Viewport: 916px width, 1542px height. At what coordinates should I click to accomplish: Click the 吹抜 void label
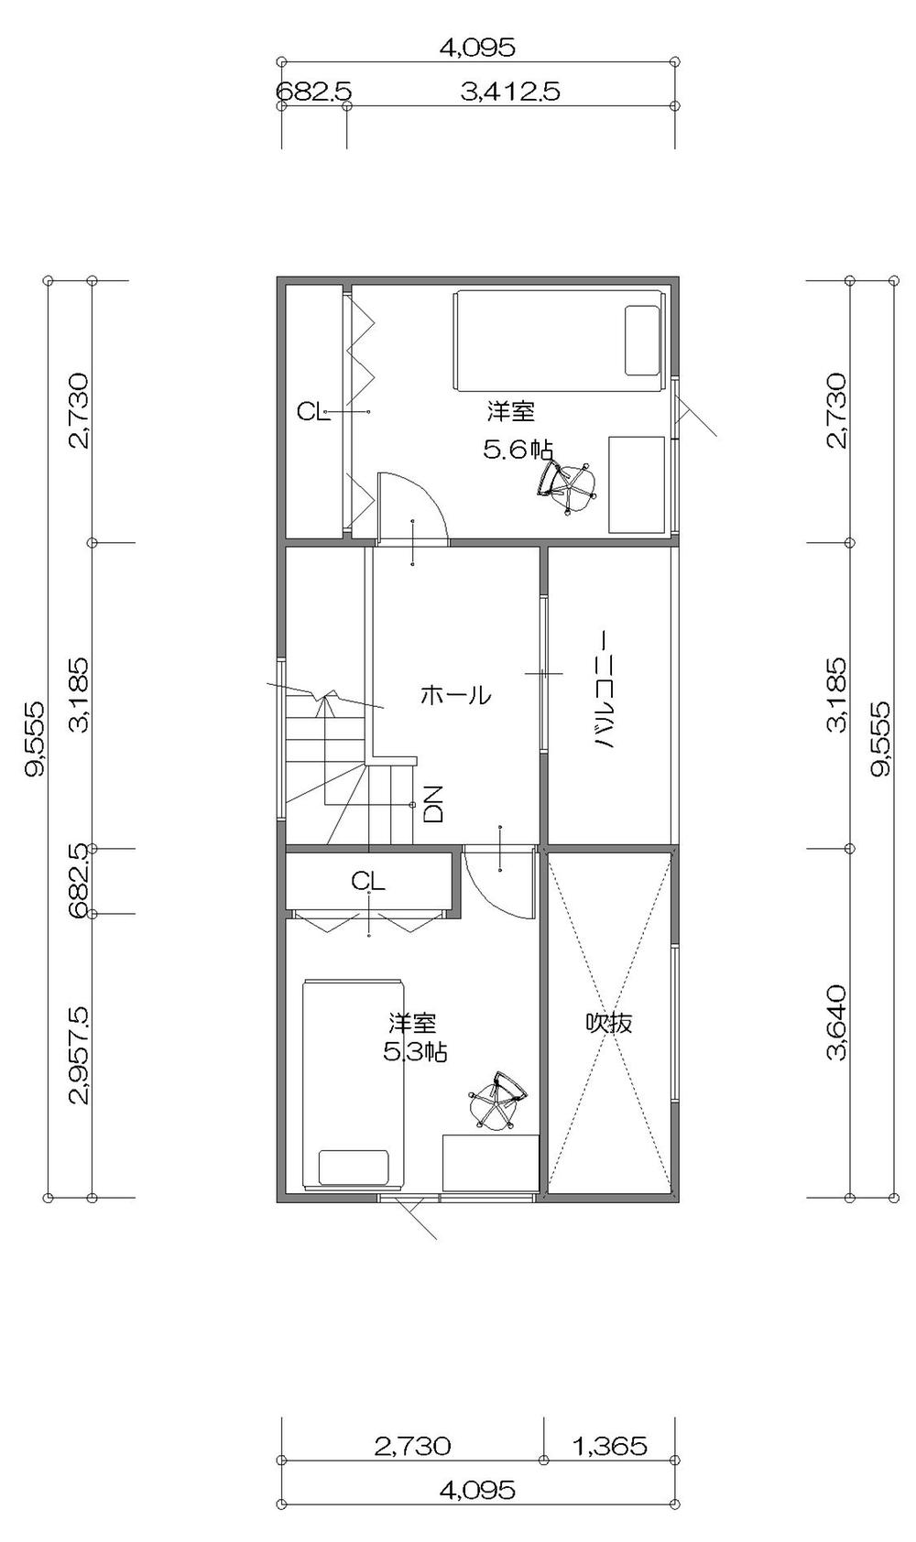click(609, 1023)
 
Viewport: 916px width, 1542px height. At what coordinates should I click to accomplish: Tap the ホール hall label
click(455, 696)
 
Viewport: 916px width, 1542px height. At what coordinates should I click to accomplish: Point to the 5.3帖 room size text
click(415, 1052)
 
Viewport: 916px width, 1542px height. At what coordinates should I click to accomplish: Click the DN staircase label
click(434, 803)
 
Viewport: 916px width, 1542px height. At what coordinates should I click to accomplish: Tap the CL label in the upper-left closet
click(313, 412)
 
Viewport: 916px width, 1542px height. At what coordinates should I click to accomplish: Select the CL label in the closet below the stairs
click(368, 881)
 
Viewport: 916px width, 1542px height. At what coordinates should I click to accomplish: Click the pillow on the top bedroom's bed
click(642, 340)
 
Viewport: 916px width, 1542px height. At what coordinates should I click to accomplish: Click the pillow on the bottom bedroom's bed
click(354, 1167)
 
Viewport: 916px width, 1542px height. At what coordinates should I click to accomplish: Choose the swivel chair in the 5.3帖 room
click(496, 1099)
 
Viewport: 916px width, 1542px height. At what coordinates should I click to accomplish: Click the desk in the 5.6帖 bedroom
click(637, 484)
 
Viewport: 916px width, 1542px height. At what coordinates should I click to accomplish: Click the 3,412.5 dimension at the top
click(510, 92)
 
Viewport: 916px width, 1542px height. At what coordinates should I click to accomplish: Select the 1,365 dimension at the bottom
click(609, 1446)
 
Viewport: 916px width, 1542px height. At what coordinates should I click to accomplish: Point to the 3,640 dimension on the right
click(835, 1023)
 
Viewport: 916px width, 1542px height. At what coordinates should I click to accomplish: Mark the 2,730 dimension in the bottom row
click(412, 1446)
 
